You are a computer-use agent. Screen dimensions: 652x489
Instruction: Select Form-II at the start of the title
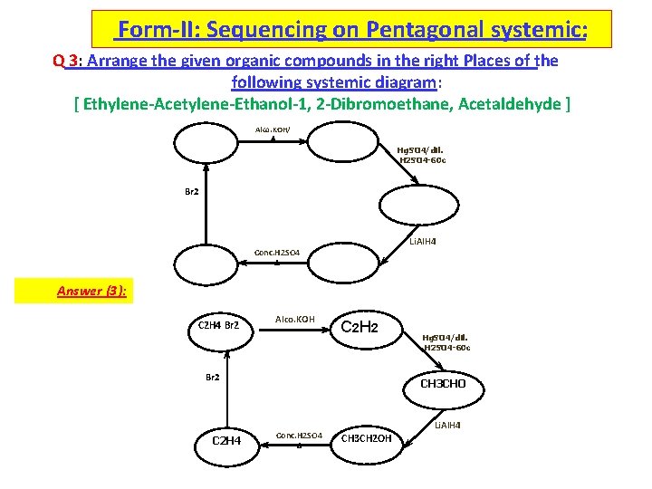coord(158,30)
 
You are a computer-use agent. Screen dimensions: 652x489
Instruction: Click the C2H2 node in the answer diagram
coord(358,326)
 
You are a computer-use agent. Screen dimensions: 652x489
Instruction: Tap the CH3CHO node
coord(443,383)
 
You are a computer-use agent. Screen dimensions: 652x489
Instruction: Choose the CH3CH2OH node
coord(367,439)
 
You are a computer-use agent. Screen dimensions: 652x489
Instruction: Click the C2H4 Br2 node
coord(218,325)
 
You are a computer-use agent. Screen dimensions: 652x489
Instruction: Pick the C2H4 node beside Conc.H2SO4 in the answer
coord(225,440)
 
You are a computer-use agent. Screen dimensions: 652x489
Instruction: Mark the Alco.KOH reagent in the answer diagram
coord(294,319)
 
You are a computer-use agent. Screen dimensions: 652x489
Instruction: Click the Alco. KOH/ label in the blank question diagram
coord(273,129)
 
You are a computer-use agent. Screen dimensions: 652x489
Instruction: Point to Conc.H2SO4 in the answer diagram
coord(299,436)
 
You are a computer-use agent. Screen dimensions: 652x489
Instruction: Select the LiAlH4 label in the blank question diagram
coord(423,241)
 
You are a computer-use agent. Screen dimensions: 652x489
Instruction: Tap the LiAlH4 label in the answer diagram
coord(447,425)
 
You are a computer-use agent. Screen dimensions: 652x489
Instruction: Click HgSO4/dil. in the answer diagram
coord(445,337)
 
